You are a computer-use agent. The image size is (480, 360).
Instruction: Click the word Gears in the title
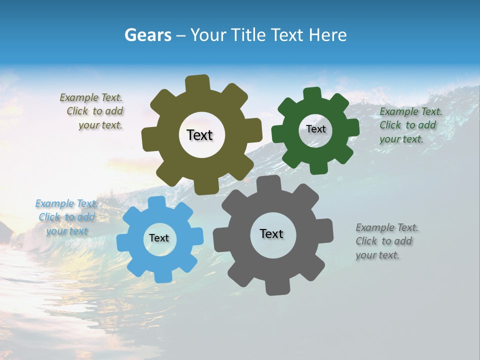coord(147,35)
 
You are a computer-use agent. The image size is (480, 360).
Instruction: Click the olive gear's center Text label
coord(200,135)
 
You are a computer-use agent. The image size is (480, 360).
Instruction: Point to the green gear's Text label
coord(316,129)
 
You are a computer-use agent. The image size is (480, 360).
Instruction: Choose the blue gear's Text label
coord(159,238)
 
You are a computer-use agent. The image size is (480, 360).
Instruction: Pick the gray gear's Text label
coord(271,233)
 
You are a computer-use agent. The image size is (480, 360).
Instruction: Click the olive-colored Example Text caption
coord(93,111)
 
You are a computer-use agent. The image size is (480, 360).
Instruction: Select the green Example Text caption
coord(410,125)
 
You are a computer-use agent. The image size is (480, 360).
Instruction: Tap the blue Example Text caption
coord(66,217)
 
